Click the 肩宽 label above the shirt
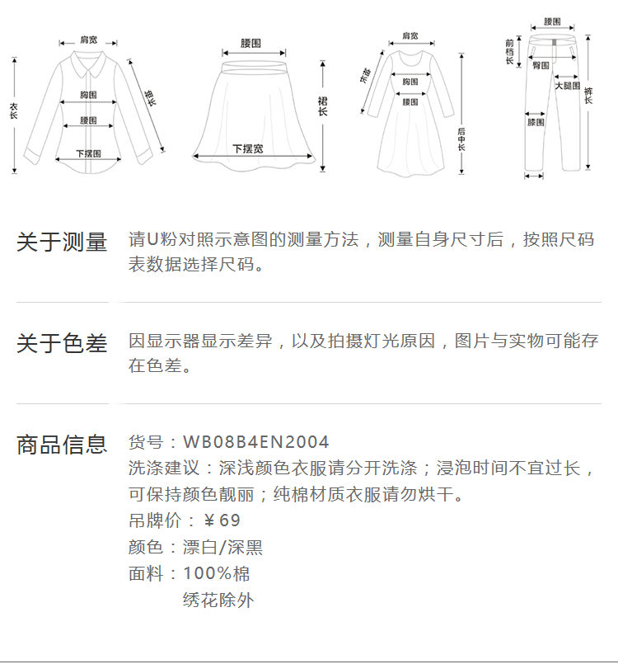[87, 40]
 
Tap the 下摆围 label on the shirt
[88, 153]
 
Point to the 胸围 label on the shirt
[89, 95]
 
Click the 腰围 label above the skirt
[251, 42]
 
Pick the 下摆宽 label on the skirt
[247, 149]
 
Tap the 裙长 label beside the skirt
[323, 106]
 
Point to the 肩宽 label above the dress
[410, 36]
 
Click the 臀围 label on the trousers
[541, 64]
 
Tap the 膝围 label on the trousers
[536, 122]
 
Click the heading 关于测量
[62, 242]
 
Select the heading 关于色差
[62, 344]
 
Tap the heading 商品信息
[62, 445]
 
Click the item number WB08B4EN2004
[255, 443]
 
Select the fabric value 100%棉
[216, 573]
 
